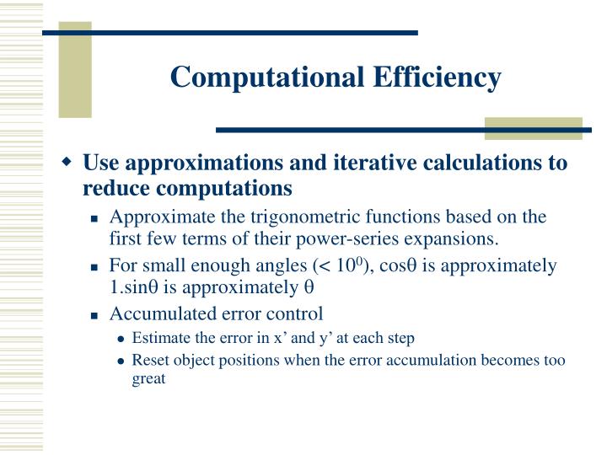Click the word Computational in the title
coord(255,78)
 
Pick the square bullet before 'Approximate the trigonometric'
coord(96,217)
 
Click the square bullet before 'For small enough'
coord(96,267)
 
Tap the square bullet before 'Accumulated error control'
coord(96,315)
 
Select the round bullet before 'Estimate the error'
coord(122,340)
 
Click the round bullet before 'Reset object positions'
coord(122,361)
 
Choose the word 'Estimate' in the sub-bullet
coord(160,339)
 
